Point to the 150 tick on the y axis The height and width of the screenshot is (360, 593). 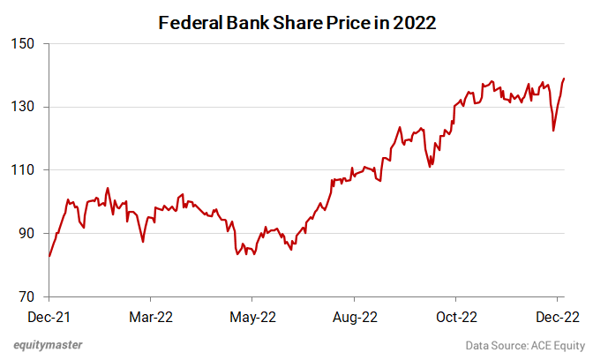pos(22,44)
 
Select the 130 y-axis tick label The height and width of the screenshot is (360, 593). pos(22,107)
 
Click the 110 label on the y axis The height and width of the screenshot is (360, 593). pos(22,170)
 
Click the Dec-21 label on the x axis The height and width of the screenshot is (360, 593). pos(49,315)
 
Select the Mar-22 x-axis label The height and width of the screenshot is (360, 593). pos(150,315)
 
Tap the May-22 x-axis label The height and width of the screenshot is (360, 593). pos(252,315)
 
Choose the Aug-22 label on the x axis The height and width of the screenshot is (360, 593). pos(354,315)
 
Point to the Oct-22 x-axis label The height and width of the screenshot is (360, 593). pos(456,315)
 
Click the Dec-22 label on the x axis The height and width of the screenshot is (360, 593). pos(558,315)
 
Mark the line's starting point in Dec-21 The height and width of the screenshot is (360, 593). pos(49,256)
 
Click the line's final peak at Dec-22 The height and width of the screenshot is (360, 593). pos(564,79)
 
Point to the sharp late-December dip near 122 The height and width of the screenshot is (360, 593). pos(553,131)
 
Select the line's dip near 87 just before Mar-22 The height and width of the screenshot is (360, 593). pos(143,241)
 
